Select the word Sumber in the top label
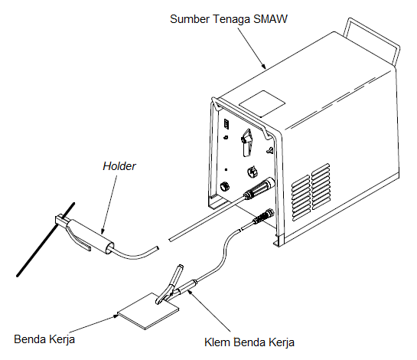pyautogui.click(x=189, y=16)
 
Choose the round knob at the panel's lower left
pyautogui.click(x=223, y=185)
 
